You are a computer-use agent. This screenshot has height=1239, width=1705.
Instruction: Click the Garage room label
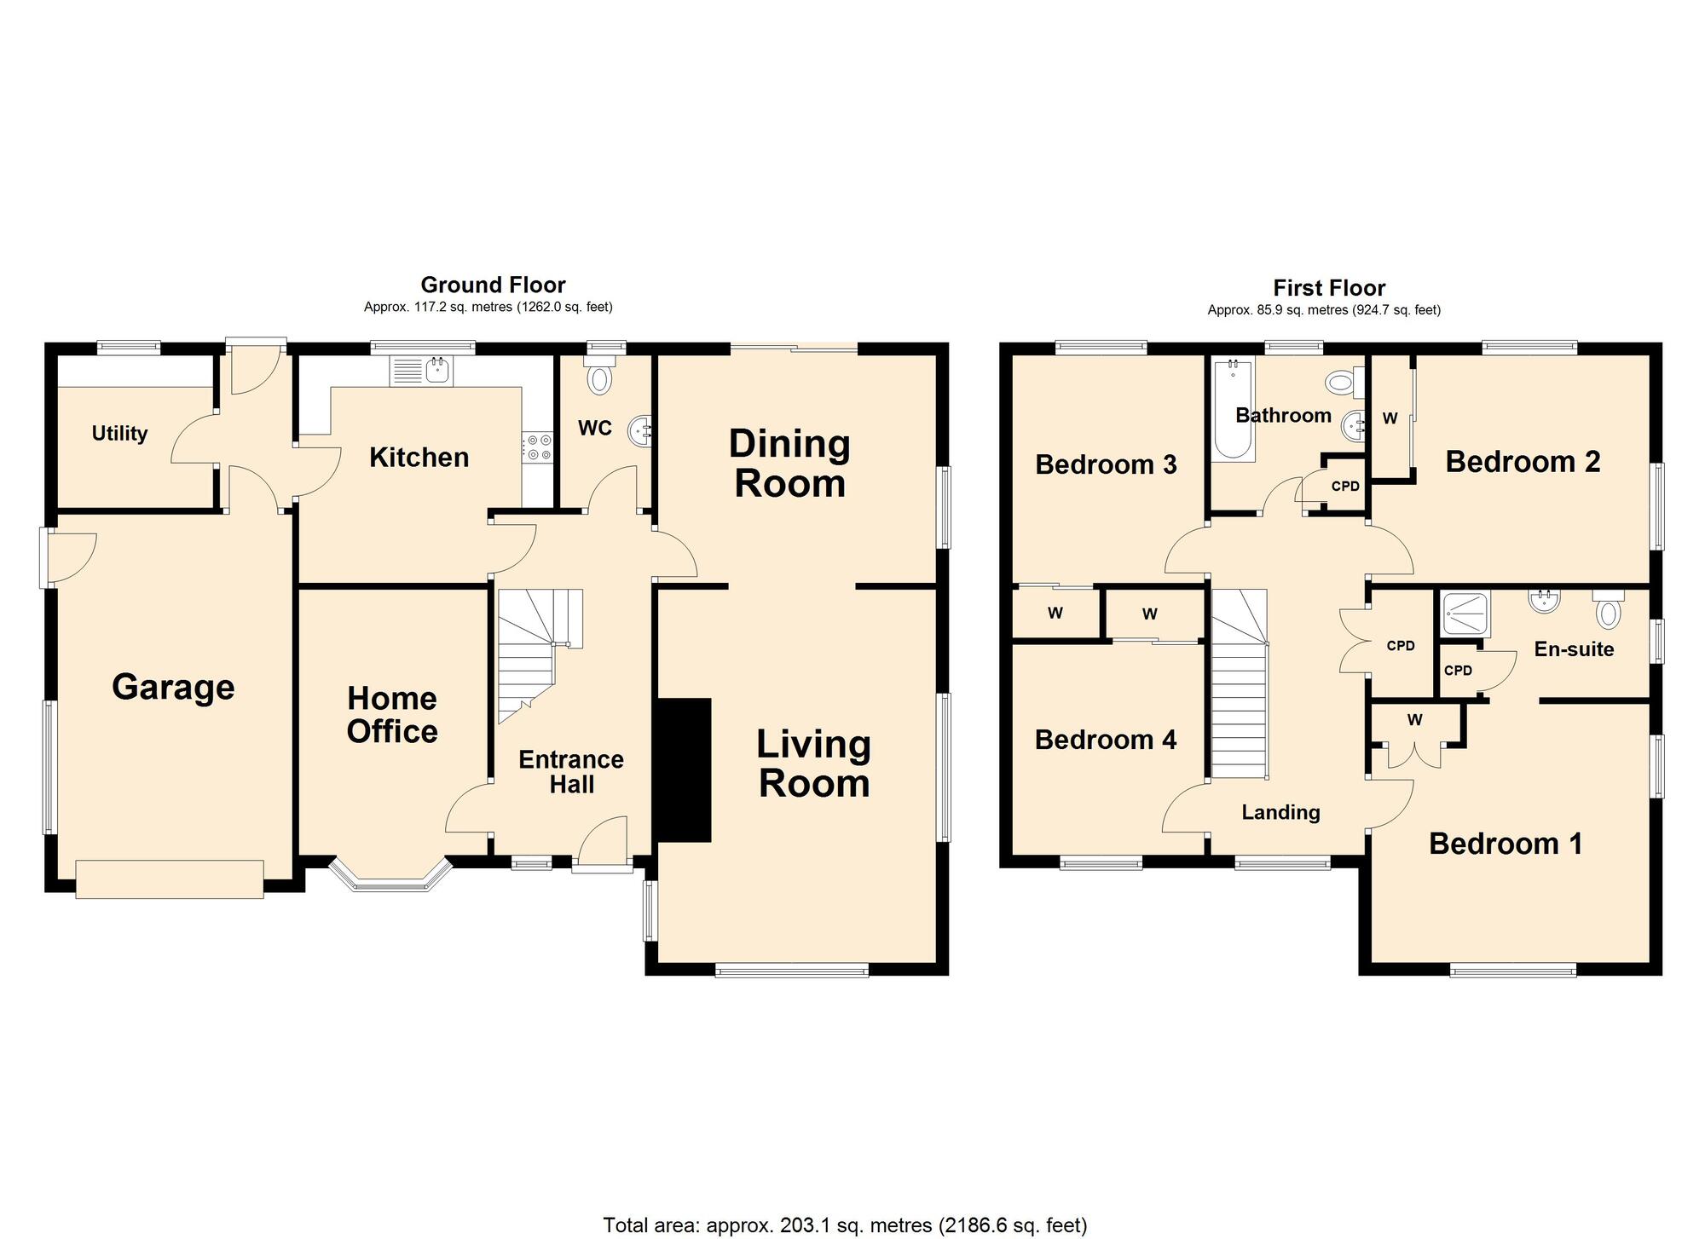point(173,688)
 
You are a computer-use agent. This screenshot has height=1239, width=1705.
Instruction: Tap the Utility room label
point(119,434)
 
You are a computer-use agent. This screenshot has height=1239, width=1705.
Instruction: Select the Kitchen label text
point(419,458)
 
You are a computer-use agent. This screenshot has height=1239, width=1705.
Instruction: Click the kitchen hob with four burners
point(539,447)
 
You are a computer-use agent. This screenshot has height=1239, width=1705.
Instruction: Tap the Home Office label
point(392,715)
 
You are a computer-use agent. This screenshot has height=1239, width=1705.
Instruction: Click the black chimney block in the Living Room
point(683,770)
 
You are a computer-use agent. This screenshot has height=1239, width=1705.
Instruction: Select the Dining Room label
point(790,464)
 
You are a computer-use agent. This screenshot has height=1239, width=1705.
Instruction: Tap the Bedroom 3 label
point(1106,464)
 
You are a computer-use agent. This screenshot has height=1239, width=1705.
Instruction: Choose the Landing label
point(1280,813)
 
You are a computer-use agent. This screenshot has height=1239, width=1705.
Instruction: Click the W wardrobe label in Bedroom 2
point(1390,418)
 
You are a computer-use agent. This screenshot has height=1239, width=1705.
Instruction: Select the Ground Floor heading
point(493,285)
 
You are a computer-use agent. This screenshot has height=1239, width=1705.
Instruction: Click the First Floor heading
point(1329,288)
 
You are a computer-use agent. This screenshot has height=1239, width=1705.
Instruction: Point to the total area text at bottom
point(845,1225)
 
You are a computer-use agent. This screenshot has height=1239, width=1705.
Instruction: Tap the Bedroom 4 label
point(1106,740)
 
